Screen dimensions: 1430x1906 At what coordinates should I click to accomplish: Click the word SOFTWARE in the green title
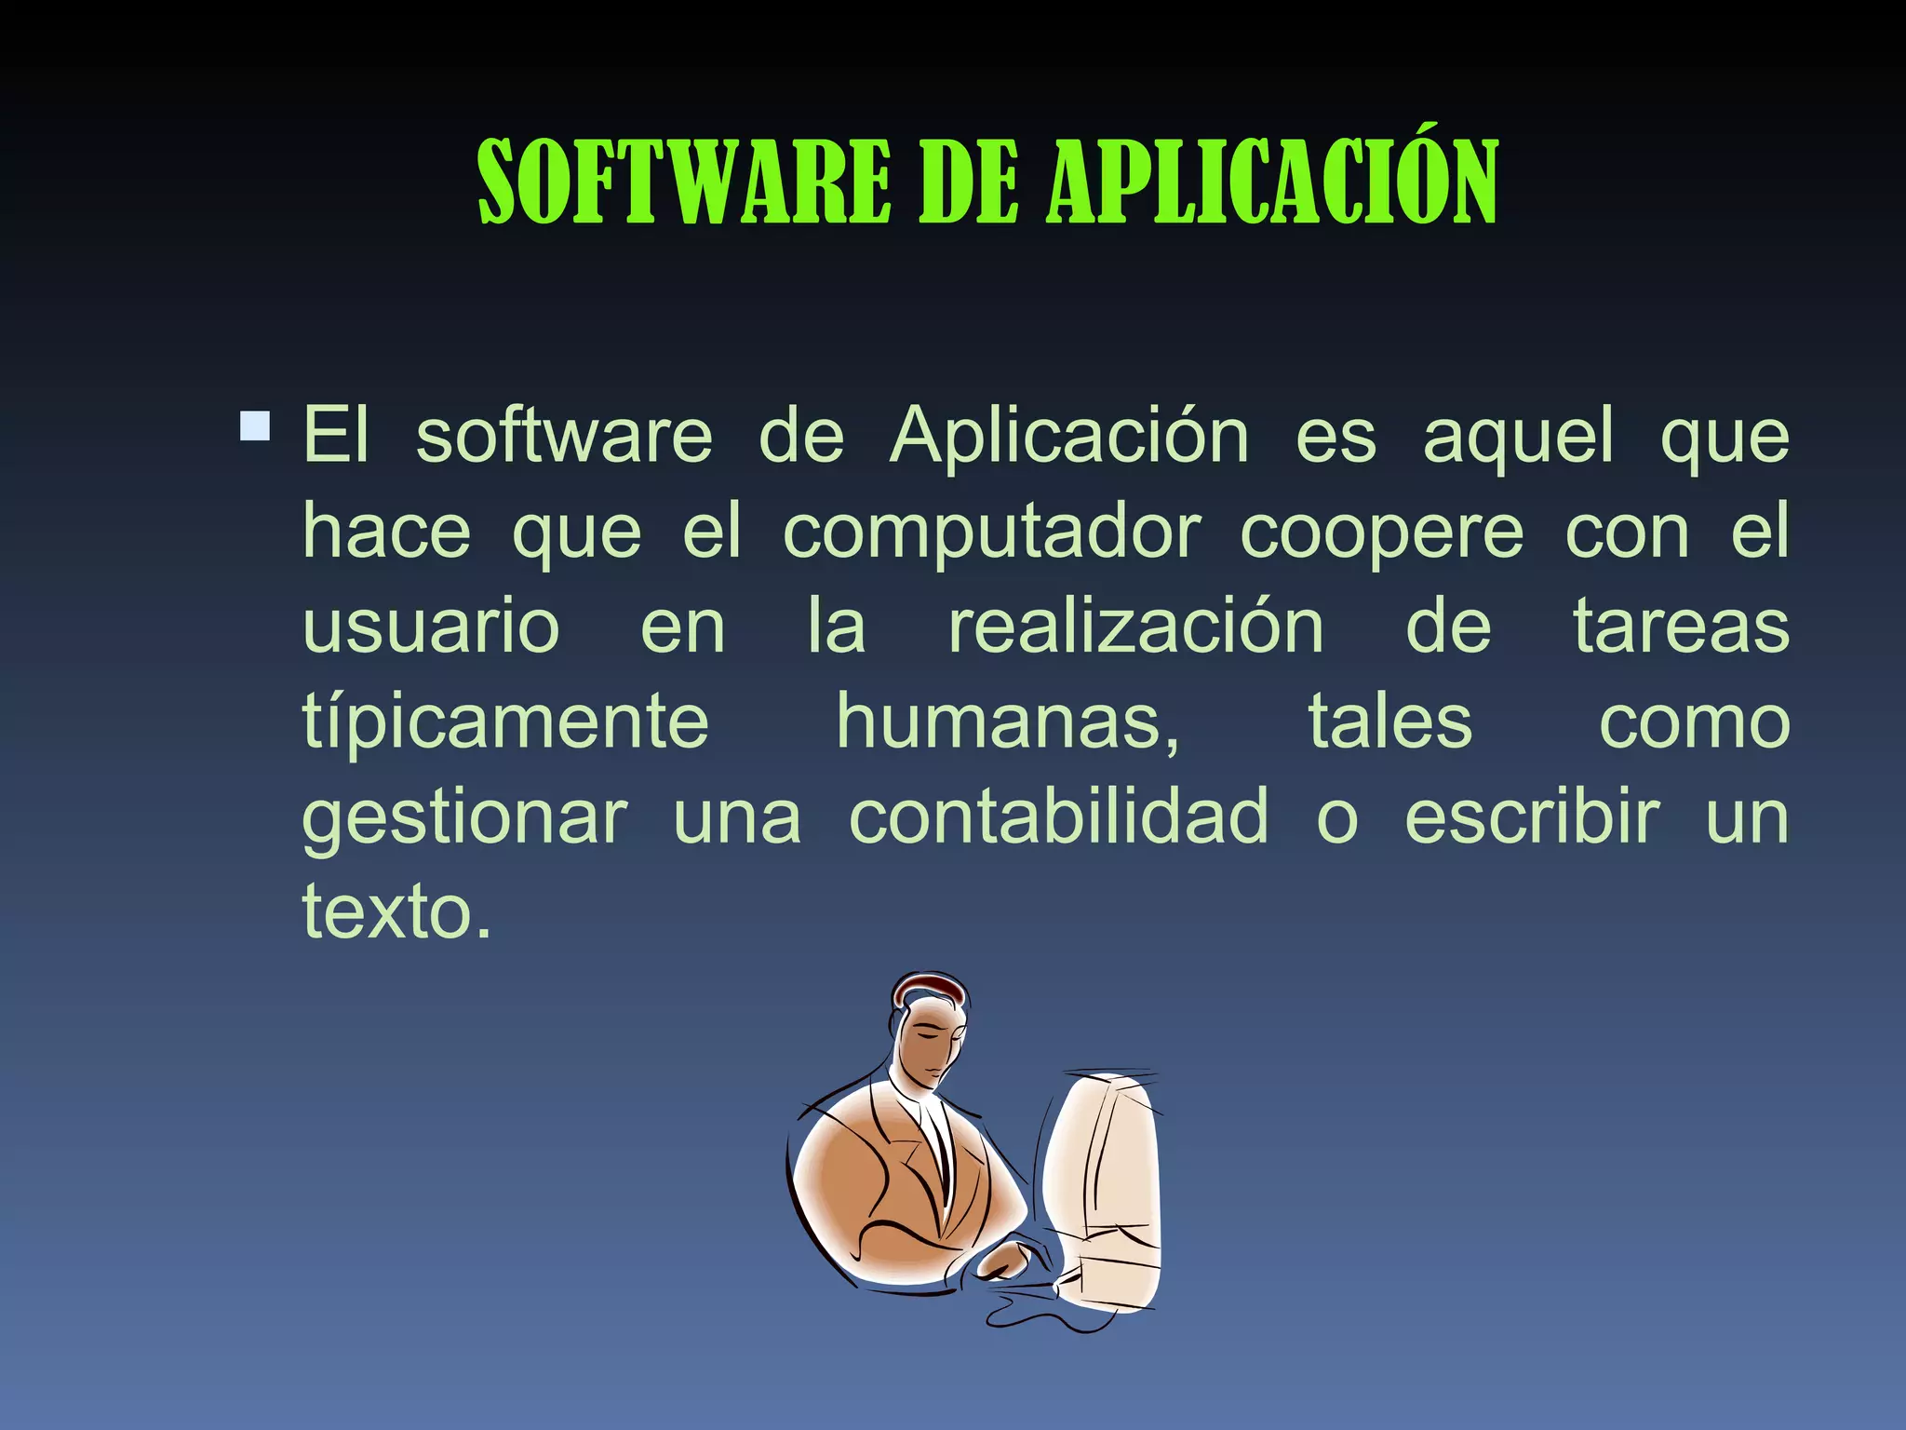[x=684, y=182]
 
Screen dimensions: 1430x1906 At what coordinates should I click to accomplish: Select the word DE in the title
[x=968, y=182]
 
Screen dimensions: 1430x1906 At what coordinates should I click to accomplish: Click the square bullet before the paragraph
[x=255, y=426]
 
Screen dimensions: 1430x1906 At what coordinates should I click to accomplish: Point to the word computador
[x=992, y=533]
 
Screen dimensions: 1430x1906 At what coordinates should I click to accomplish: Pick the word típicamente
[x=505, y=723]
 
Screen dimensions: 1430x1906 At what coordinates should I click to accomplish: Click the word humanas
[x=1008, y=722]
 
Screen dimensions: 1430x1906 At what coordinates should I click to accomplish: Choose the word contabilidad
[x=1058, y=816]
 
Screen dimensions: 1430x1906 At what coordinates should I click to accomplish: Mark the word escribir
[x=1531, y=816]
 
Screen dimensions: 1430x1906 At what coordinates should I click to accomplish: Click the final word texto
[x=396, y=912]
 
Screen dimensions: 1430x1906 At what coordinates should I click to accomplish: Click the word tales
[x=1390, y=722]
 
